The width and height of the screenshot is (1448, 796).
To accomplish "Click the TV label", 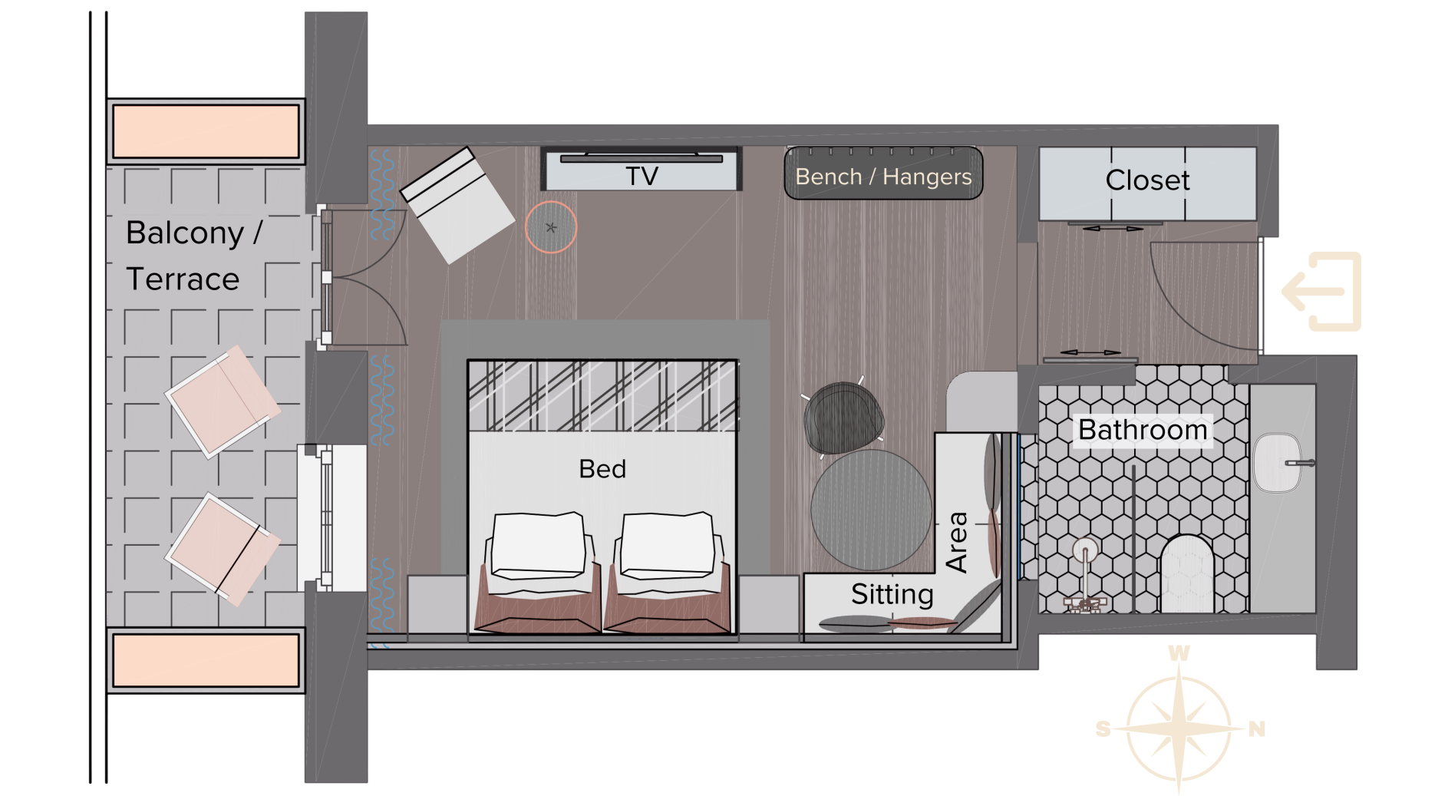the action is [642, 177].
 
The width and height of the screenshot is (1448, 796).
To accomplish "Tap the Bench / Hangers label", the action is [883, 177].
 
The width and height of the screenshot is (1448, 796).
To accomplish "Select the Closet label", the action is [1147, 180].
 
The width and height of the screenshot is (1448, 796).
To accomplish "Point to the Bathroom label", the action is [1143, 430].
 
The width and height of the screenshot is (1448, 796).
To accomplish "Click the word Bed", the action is [602, 469].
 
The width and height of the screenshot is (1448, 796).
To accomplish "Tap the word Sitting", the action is [892, 594].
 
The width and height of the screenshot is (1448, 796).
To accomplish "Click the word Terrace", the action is [183, 279].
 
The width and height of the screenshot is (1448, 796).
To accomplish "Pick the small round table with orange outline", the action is [551, 227].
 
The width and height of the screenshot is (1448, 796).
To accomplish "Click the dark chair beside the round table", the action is [843, 418].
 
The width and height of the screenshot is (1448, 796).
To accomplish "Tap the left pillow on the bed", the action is [539, 545].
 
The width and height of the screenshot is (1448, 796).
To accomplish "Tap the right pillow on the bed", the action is [668, 545].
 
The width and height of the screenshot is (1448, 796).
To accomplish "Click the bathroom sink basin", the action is [1278, 463].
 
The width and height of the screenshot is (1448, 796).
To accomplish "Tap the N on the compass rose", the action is [1256, 729].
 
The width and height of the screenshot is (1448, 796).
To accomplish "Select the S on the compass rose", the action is [1103, 729].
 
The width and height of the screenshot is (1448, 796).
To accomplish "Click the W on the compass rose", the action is [1179, 653].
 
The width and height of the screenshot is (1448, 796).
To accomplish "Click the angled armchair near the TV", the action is [457, 206].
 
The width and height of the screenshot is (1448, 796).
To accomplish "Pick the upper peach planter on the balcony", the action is [206, 131].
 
